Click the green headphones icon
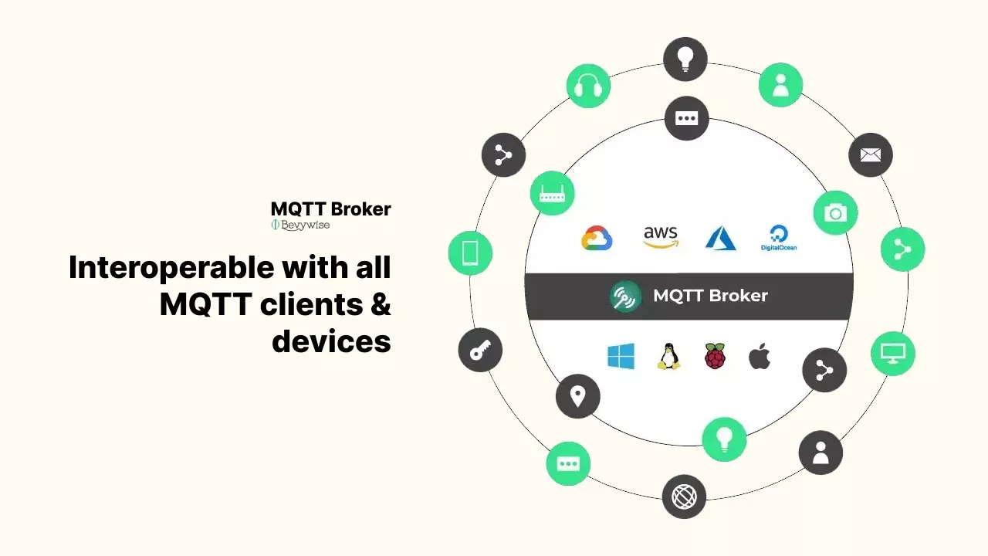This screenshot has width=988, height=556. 588,86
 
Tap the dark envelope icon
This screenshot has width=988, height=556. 871,155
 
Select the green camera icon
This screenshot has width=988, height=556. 835,213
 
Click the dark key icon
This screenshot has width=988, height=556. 480,350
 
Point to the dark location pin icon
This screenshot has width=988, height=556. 577,396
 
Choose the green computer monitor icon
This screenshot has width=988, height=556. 893,354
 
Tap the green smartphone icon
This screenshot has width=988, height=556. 470,253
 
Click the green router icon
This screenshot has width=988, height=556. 552,193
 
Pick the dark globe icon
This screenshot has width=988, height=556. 684,497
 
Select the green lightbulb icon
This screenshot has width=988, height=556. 724,439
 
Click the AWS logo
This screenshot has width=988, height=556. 661,237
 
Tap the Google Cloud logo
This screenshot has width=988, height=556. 597,238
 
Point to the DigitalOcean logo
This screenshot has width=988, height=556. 778,238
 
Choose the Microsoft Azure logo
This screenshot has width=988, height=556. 720,238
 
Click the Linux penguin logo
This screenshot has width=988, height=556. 668,357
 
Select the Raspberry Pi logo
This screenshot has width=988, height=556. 715,356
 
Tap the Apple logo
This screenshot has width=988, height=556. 760,356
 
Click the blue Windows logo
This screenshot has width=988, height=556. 621,357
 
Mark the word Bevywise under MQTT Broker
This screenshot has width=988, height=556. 305,225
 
